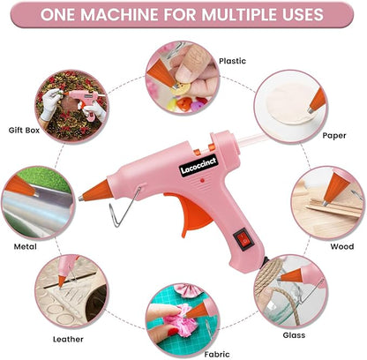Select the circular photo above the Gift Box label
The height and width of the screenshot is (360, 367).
(x=70, y=111)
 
